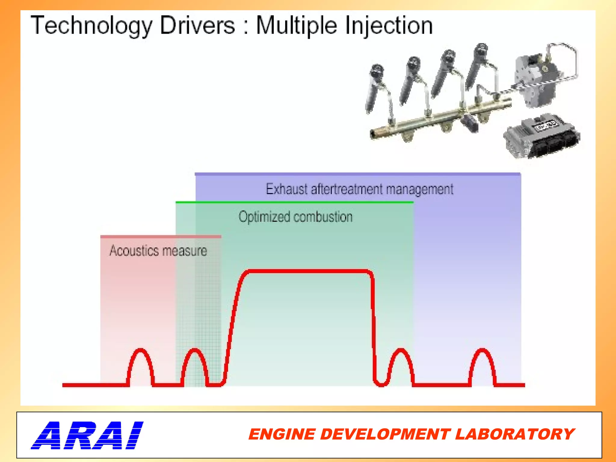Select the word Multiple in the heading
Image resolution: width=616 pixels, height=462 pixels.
coord(296,26)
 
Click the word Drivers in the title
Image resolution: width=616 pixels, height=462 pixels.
coord(197,26)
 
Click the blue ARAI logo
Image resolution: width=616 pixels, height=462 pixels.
coord(87,435)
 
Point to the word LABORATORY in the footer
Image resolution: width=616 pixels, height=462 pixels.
coord(515,434)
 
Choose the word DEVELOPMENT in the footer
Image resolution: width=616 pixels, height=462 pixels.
coord(385,434)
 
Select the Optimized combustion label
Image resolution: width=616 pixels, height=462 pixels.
coord(295,217)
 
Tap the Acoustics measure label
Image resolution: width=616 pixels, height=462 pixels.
coord(158,251)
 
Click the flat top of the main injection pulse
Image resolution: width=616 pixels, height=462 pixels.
coord(308,271)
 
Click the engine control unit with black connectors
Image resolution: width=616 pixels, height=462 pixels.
coord(542,136)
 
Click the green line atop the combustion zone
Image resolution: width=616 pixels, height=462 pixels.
coord(295,202)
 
